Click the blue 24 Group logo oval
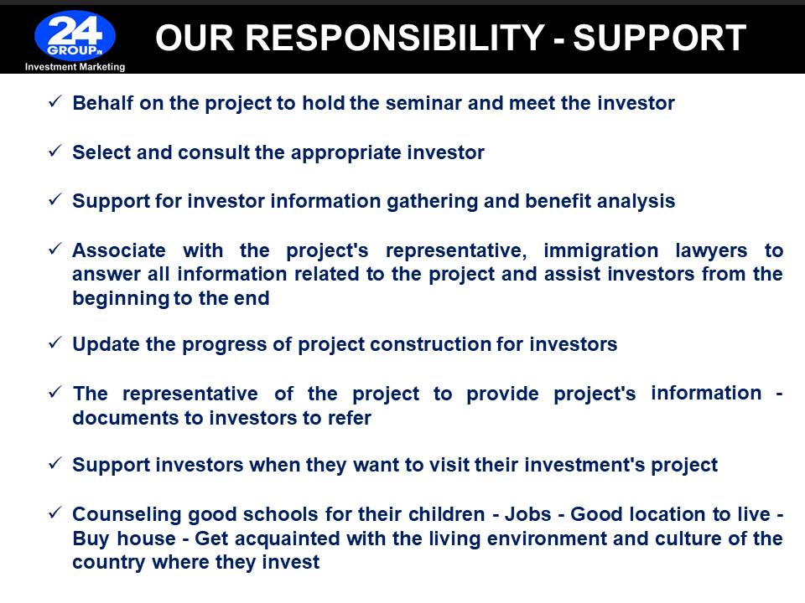pyautogui.click(x=75, y=36)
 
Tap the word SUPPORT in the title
pyautogui.click(x=659, y=38)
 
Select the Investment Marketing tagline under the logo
pyautogui.click(x=75, y=67)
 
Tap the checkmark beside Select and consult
pyautogui.click(x=55, y=151)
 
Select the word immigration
pyautogui.click(x=600, y=250)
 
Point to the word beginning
pyautogui.click(x=121, y=298)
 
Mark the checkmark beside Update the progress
pyautogui.click(x=55, y=343)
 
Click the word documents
pyautogui.click(x=125, y=418)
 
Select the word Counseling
pyautogui.click(x=127, y=514)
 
